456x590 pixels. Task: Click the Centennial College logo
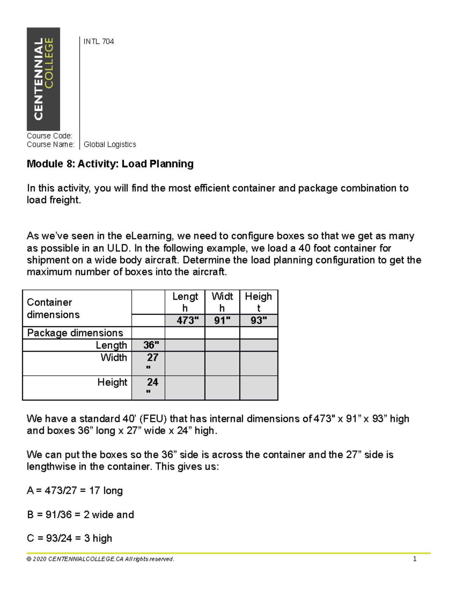pos(43,79)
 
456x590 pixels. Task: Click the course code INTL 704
pos(98,41)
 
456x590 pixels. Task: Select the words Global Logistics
pos(109,144)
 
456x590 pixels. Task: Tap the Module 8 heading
pos(110,164)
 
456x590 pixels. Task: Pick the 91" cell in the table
pos(222,320)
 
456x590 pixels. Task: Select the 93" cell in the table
pos(258,320)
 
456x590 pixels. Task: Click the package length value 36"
pos(151,345)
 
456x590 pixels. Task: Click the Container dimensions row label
pos(53,308)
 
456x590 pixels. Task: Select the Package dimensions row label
pos(75,333)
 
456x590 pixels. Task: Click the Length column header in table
pos(185,302)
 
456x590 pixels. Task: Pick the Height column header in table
pos(258,302)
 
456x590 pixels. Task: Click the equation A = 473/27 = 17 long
pos(74,490)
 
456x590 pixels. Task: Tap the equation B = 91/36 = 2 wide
pos(80,514)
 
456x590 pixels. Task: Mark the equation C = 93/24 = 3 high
pos(69,538)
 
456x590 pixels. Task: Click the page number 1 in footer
pos(415,559)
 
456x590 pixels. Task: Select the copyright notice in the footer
pos(100,559)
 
